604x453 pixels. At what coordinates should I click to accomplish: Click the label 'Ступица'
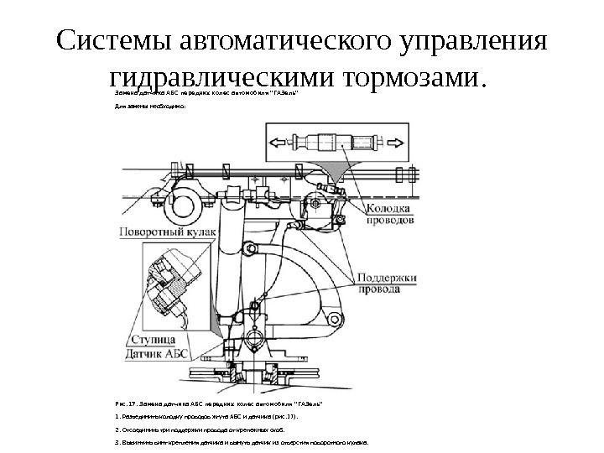[154, 340]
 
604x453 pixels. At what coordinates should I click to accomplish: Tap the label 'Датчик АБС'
[159, 353]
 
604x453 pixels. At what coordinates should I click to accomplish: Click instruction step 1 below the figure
[206, 416]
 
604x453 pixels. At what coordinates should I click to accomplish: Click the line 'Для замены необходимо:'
[151, 108]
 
